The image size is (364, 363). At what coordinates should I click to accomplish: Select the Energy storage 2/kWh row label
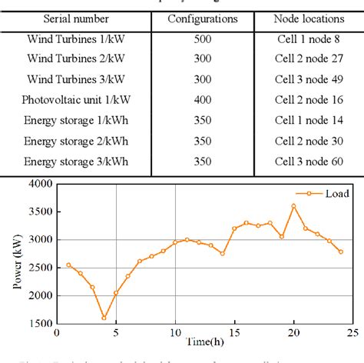point(76,141)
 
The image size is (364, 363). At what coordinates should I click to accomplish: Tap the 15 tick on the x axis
point(234,332)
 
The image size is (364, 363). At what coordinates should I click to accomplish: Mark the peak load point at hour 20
point(293,206)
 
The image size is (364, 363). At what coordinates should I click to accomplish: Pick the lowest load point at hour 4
point(104,318)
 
